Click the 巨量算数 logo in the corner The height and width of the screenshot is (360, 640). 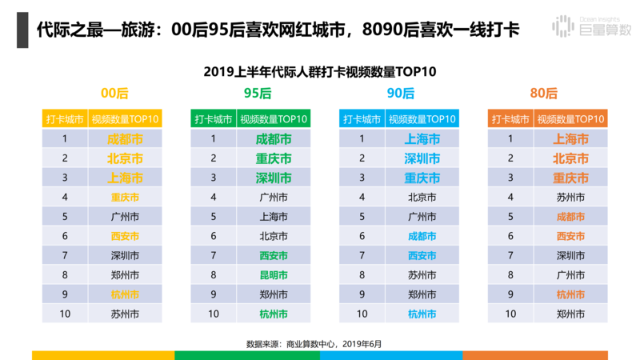(x=591, y=28)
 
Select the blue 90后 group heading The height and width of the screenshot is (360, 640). (x=400, y=94)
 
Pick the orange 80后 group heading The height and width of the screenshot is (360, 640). (x=548, y=94)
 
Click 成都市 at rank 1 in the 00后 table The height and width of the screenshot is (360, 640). (x=125, y=138)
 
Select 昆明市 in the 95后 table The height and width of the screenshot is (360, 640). (x=274, y=274)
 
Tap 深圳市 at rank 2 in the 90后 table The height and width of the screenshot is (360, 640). (x=422, y=158)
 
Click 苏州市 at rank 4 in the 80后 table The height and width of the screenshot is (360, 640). (x=570, y=197)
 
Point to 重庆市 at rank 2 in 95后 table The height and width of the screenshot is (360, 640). (x=274, y=158)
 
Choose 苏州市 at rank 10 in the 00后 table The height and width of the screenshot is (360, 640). (x=125, y=314)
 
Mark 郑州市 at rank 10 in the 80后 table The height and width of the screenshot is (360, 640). (x=570, y=314)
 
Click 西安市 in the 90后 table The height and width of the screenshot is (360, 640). (x=422, y=255)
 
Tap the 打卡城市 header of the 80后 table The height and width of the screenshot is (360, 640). (x=510, y=119)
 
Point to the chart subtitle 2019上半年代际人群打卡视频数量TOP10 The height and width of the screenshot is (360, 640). (x=320, y=72)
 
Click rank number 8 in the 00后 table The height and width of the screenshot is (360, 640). (x=64, y=274)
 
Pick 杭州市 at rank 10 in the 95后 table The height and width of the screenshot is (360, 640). (x=274, y=314)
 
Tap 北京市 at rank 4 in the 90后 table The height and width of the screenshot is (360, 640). (x=422, y=197)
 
